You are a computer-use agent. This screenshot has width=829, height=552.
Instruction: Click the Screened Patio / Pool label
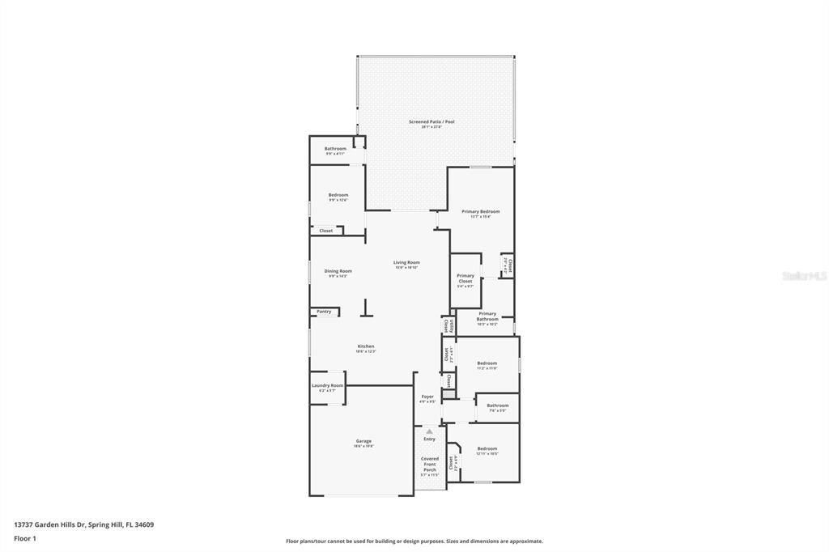point(437,122)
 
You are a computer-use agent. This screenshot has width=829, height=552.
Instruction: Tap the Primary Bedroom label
point(481,212)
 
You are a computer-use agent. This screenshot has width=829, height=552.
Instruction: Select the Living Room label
point(406,263)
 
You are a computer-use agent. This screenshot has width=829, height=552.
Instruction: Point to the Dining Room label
point(338,272)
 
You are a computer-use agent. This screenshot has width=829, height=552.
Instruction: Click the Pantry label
point(324,312)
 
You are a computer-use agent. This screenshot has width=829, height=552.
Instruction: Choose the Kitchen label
point(366,347)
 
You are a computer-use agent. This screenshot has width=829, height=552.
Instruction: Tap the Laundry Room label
point(327,386)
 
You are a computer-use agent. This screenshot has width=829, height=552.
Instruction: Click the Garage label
point(363,442)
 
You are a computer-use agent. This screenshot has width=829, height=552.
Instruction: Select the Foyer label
point(427,397)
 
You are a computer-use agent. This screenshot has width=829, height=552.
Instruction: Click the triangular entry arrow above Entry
point(429,431)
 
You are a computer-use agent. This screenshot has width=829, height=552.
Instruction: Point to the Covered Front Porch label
point(429,464)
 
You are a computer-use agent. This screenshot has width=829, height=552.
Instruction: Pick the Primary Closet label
point(466,278)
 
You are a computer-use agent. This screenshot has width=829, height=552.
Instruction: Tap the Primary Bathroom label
point(487,316)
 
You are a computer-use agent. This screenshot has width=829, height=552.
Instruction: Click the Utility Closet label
point(446,325)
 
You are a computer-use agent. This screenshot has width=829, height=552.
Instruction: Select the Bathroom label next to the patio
point(335,149)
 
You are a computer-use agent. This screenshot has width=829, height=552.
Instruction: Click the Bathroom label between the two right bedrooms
point(497,406)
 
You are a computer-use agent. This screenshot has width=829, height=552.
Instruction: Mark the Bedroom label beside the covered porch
point(487,449)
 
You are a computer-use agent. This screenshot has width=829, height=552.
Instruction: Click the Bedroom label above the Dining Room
point(338,195)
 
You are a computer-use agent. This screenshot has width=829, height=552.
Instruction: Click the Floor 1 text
point(25,537)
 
